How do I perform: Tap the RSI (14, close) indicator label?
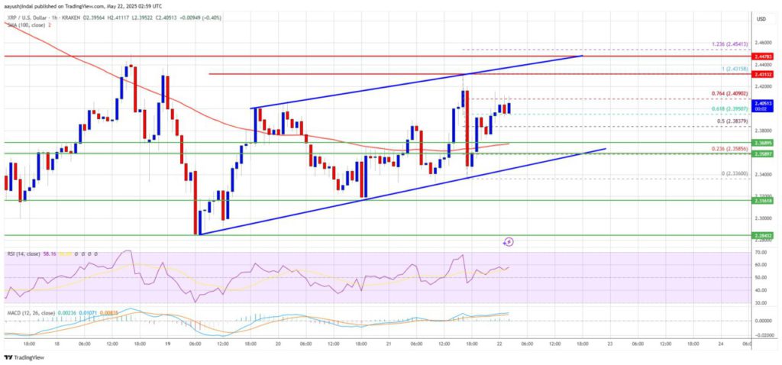tap(27, 250)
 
